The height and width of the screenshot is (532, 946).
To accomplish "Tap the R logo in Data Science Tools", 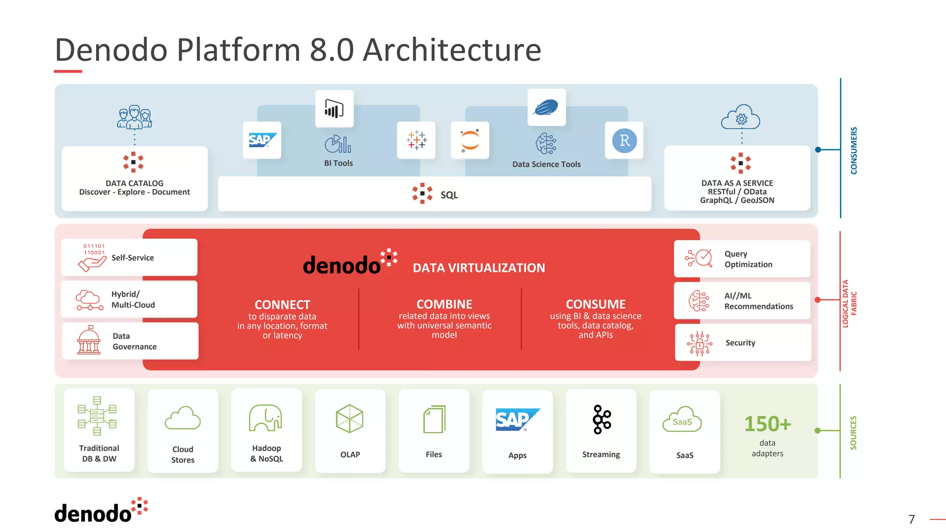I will tap(625, 140).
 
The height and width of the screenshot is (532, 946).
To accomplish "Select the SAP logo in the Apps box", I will tap(517, 419).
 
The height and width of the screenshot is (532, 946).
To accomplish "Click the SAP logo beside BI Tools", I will tap(262, 140).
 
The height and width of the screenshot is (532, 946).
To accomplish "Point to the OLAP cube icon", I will tap(350, 418).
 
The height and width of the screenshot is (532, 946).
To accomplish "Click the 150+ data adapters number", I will tap(767, 424).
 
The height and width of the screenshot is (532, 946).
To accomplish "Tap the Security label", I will tap(740, 343).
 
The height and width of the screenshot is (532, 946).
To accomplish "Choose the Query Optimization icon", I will tap(699, 258).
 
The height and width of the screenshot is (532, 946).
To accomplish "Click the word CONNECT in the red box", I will tap(282, 305).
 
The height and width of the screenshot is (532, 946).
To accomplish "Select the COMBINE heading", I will tap(444, 304).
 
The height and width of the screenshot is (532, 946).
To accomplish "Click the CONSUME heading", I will tap(595, 304).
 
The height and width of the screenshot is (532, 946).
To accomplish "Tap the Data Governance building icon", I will tap(89, 340).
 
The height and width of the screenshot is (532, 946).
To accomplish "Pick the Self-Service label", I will tap(133, 258).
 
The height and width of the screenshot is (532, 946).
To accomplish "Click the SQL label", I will tap(449, 195).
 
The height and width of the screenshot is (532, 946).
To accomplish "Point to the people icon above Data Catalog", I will tap(134, 117).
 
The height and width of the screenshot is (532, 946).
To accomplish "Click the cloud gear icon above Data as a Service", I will tap(741, 118).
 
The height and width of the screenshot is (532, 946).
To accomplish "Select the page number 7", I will tap(911, 520).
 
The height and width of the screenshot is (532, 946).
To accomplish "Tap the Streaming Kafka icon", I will tap(601, 419).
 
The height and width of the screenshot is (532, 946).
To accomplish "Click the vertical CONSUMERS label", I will tap(854, 151).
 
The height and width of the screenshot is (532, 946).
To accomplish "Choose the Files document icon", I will tap(434, 419).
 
